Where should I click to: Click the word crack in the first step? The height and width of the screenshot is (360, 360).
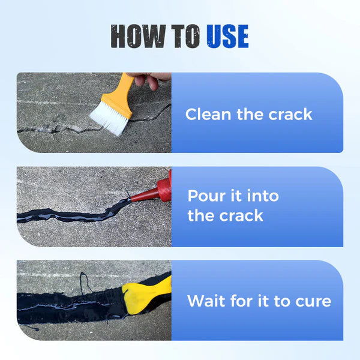(x=290, y=114)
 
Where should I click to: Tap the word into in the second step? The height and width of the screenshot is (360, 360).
(x=260, y=196)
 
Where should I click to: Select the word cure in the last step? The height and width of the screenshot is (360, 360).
(x=311, y=301)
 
